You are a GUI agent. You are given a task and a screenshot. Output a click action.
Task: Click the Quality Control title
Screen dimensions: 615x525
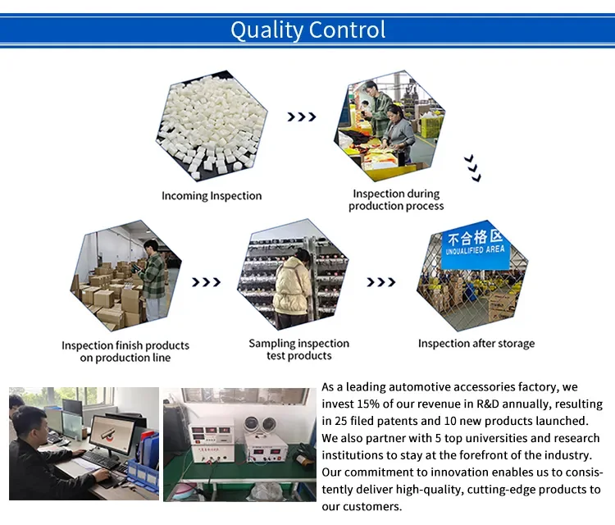307,30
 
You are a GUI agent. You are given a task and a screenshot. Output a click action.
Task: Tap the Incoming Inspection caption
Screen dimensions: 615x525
212,196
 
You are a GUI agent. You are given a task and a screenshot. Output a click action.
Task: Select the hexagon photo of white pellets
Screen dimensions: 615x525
212,126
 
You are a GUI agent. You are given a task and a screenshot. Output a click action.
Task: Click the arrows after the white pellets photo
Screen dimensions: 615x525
302,116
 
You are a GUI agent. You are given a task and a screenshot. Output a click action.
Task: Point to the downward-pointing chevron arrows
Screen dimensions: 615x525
472,168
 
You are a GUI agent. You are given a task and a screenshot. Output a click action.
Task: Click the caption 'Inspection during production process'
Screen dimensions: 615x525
396,199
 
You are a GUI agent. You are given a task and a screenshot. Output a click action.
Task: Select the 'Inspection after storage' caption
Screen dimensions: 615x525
476,344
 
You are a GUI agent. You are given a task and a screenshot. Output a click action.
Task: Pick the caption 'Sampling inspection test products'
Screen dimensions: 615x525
298,349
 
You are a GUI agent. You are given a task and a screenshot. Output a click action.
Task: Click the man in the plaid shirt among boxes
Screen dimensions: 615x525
153,279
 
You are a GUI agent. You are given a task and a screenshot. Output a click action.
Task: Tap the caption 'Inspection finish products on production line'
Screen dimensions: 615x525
125,351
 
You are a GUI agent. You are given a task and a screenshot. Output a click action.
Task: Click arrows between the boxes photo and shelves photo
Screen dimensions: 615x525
207,282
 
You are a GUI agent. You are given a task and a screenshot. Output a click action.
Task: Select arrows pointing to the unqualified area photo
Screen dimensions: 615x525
381,282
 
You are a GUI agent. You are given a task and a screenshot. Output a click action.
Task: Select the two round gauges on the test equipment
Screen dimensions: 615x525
260,425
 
